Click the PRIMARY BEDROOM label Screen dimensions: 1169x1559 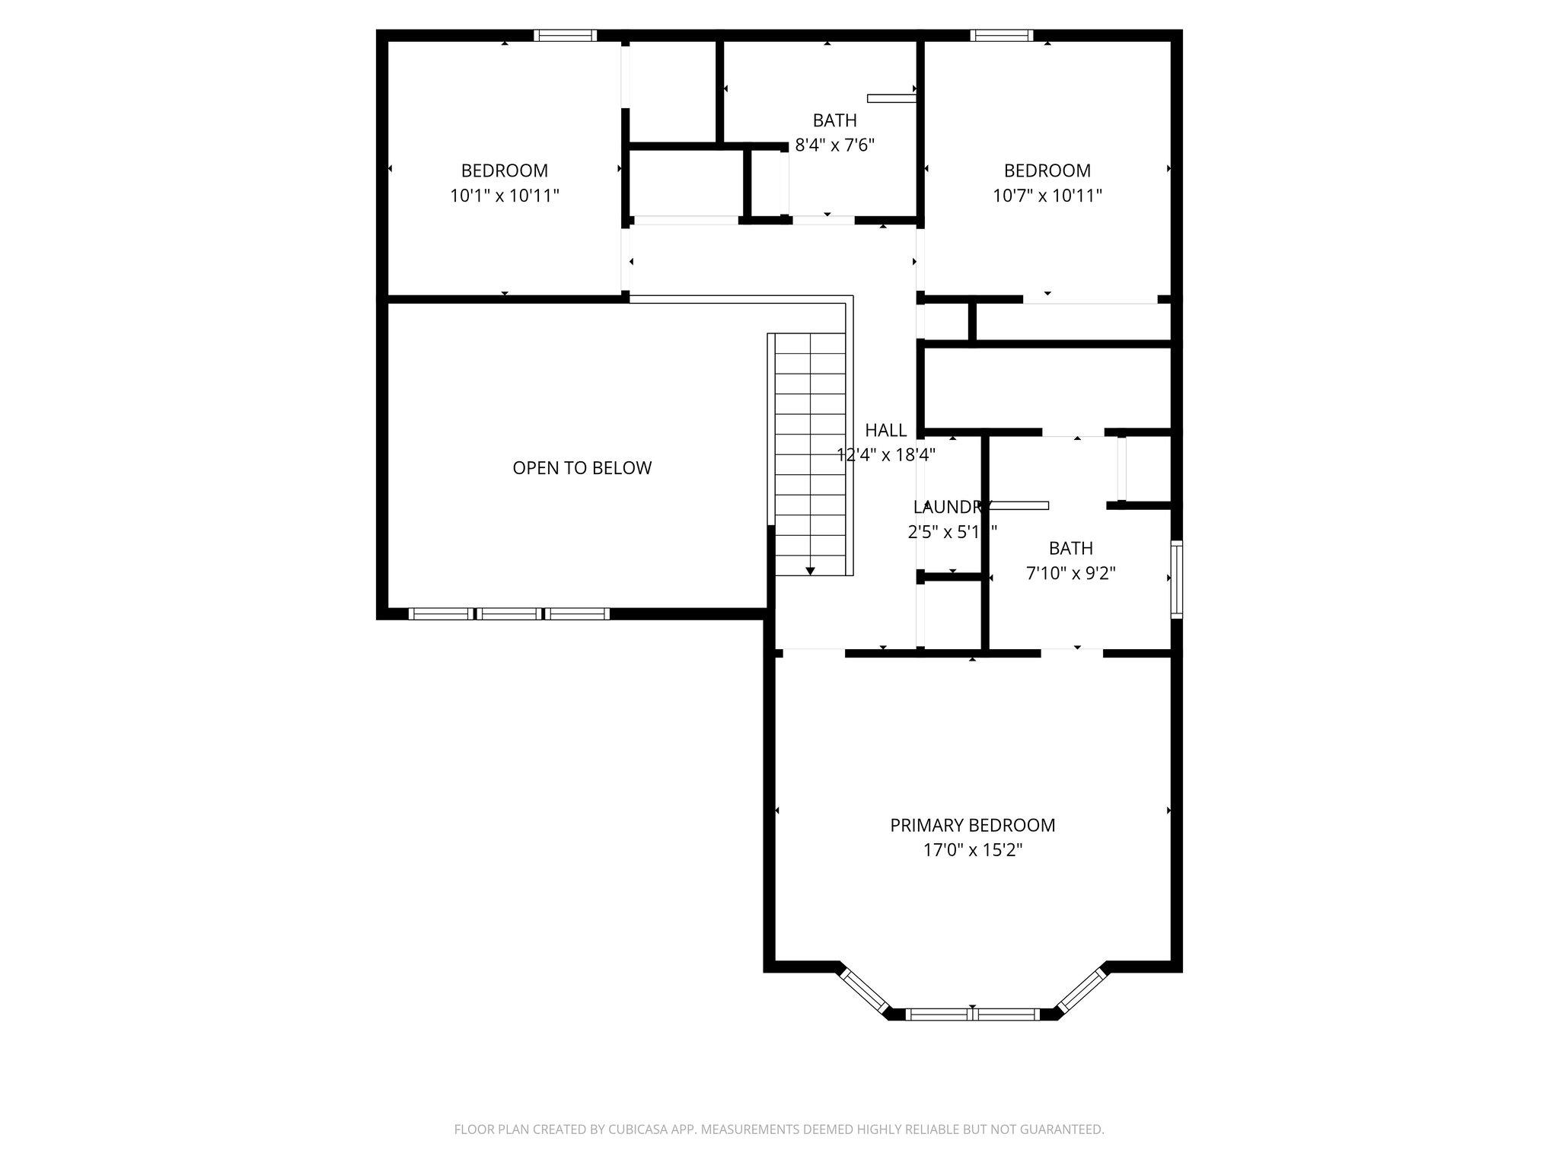point(972,825)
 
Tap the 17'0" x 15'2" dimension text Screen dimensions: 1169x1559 point(972,850)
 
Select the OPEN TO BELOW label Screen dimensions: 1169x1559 point(582,468)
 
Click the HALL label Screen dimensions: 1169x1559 point(885,431)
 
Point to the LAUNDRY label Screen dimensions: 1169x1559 point(952,508)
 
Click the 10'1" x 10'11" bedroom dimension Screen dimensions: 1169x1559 point(504,196)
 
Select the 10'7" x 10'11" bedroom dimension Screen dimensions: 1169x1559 point(1047,196)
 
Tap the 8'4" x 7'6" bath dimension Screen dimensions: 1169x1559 point(834,145)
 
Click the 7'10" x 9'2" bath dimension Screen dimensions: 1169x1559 point(1070,573)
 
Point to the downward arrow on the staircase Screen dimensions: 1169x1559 point(810,570)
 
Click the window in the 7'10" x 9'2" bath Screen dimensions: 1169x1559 point(1176,578)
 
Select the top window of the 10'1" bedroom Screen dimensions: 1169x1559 point(564,35)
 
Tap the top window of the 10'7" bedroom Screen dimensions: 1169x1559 point(1001,35)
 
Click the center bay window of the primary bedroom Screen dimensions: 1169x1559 point(972,1014)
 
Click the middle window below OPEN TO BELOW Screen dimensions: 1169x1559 point(509,613)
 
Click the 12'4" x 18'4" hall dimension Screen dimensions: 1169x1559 point(885,455)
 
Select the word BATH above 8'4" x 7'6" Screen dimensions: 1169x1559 point(834,120)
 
